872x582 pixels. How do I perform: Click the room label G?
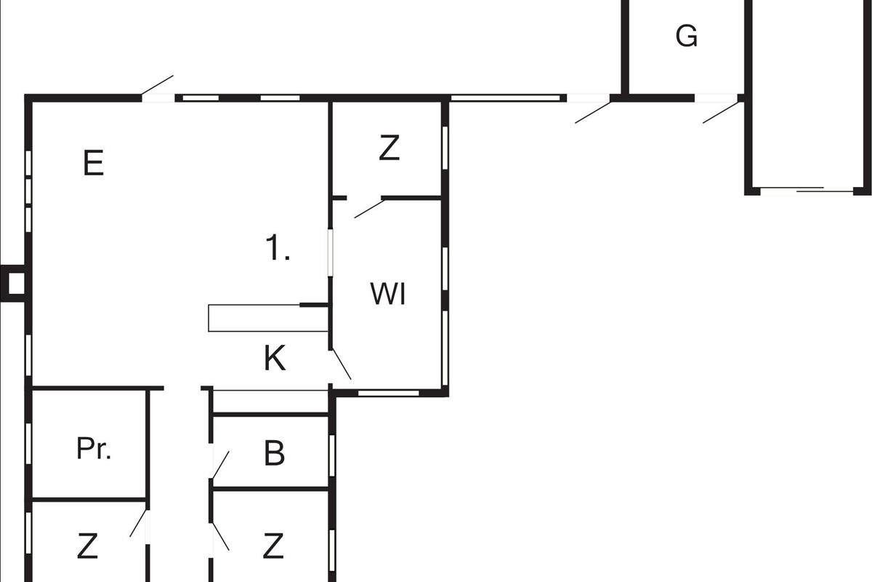coord(687,36)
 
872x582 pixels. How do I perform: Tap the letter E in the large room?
coord(93,163)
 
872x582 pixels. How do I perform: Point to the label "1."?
coord(278,250)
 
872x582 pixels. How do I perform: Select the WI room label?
coord(387,295)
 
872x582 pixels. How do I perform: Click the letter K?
coord(274,359)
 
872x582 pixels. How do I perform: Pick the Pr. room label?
coord(94,449)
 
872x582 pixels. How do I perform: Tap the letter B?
coord(274,453)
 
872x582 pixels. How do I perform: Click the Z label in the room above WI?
coord(389,148)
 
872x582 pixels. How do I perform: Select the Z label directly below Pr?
coord(87,546)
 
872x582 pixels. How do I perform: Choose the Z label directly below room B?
coord(273,546)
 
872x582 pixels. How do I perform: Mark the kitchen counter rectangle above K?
coord(254,318)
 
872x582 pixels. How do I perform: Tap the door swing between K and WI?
coord(341,363)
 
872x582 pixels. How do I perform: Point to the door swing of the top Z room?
coord(368,207)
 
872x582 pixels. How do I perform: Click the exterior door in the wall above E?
coord(158,86)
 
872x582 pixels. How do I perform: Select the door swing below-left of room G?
coord(593,111)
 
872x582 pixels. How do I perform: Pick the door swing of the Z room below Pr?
coord(139,524)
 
